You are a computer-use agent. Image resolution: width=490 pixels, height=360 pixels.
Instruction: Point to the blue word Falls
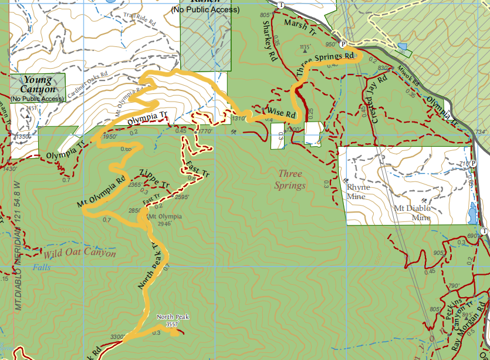[x=42, y=267]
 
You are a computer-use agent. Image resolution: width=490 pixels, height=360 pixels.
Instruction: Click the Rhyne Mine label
[x=358, y=191]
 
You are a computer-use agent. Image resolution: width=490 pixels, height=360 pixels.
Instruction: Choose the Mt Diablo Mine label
[x=413, y=213]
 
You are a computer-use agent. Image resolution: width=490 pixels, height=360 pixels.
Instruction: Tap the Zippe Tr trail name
[x=154, y=179]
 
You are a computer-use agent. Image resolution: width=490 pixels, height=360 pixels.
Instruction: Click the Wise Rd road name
[x=280, y=111]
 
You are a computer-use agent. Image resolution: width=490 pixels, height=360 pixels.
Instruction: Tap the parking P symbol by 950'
[x=343, y=44]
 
